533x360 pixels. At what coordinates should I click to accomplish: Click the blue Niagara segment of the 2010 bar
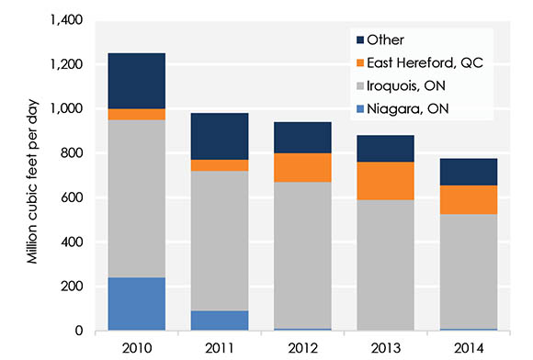(136, 304)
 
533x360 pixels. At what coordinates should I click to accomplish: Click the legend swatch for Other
(358, 39)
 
